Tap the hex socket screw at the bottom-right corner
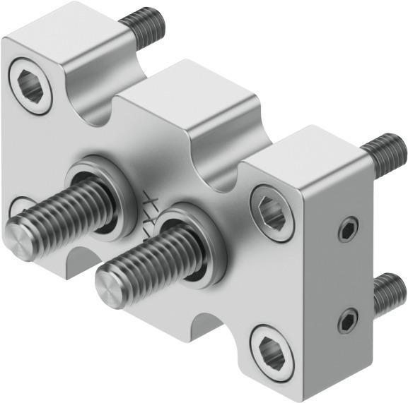coord(272,351)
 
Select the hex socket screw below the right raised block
coord(272,213)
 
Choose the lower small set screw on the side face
coord(346,321)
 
